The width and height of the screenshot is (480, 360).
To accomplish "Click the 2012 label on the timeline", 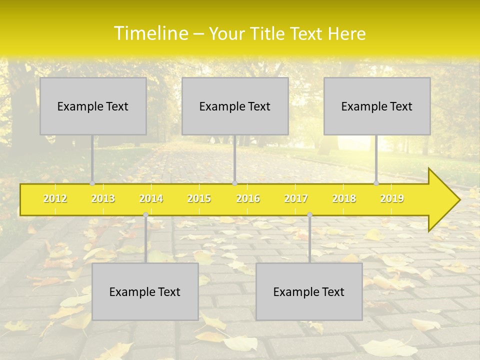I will point(55,198).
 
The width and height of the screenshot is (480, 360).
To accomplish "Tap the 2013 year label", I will point(103,198).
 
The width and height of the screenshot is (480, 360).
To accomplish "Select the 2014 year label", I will point(151,198).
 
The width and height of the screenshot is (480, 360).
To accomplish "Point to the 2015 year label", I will point(199,198).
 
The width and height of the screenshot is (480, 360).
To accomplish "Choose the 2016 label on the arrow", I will point(248,198).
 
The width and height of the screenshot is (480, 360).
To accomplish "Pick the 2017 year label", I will point(296,198).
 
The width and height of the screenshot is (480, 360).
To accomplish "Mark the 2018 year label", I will point(344,198).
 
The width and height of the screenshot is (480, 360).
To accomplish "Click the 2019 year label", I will point(392,198).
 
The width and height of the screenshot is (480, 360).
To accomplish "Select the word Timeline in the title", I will point(150,33).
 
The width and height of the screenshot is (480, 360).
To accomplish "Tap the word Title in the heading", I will point(269,34).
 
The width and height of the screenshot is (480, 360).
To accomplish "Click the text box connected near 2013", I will point(93,106).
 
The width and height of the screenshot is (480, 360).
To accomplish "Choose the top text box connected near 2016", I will point(235,106).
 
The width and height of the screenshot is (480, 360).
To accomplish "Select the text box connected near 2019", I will point(377,106).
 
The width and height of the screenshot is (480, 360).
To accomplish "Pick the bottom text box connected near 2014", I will point(145,291).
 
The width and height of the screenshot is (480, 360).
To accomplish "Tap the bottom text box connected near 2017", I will point(309,291).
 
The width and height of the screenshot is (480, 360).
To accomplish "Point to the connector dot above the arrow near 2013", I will point(92,183).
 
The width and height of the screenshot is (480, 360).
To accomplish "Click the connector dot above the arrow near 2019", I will point(376,183).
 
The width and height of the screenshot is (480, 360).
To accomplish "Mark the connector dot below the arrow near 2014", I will point(145,215).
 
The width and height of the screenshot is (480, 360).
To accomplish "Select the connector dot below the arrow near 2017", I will point(309,215).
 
